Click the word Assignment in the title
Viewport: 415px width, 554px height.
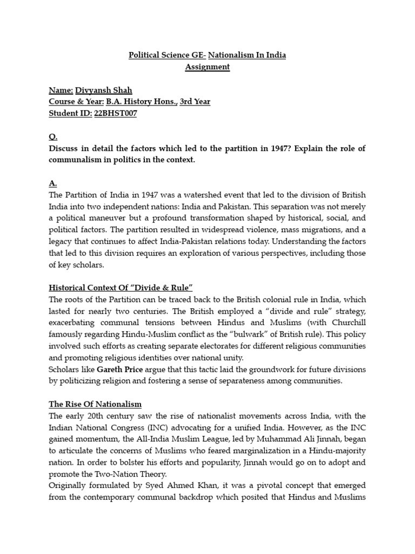tap(207, 67)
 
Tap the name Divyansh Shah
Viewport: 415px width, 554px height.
tap(104, 90)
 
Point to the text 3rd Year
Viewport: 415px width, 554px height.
tap(195, 101)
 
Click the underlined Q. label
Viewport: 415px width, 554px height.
tap(52, 137)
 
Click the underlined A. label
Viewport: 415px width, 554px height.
tap(52, 183)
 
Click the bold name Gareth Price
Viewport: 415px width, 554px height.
tap(121, 369)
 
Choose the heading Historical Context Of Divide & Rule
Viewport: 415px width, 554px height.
tap(121, 286)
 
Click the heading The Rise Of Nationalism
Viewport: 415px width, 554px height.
tap(95, 404)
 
